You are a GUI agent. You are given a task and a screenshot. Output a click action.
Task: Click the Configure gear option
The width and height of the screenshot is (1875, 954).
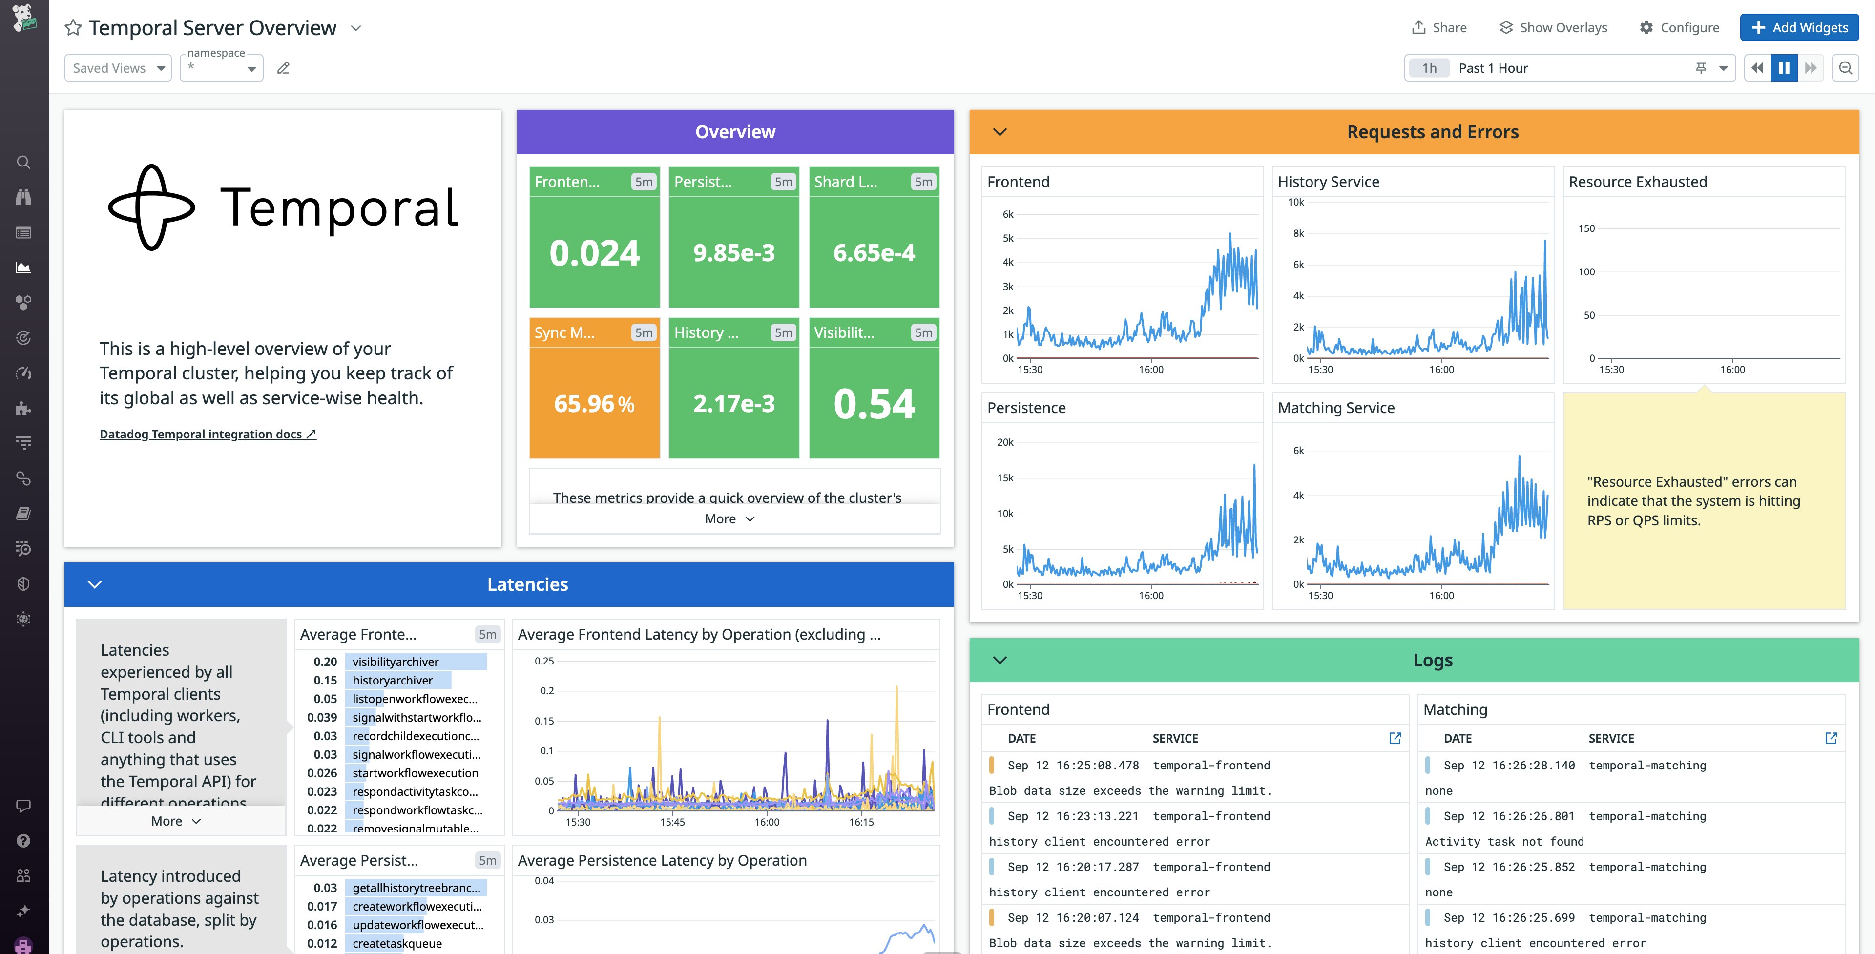[1679, 28]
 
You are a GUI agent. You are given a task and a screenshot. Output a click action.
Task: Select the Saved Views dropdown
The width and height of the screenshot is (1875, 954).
[118, 68]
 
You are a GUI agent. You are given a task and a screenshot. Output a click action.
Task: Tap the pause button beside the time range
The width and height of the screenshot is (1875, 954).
[1783, 68]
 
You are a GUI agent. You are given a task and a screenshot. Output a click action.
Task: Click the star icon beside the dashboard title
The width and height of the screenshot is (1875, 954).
[73, 28]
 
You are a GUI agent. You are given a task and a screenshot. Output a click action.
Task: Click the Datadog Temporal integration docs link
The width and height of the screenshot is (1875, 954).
[208, 434]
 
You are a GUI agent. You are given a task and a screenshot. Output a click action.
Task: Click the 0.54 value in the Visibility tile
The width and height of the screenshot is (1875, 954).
[874, 403]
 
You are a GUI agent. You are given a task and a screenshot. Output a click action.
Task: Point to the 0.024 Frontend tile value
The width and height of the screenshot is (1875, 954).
[594, 252]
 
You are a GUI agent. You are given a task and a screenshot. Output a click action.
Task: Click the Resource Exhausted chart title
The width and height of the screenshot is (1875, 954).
[1637, 182]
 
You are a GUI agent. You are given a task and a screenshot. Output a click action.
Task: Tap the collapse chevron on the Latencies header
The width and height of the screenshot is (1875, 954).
[95, 584]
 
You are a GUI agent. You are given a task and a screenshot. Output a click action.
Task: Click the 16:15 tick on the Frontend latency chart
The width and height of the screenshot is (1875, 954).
[861, 822]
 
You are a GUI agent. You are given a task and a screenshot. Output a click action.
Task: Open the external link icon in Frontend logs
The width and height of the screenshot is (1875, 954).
[1395, 738]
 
